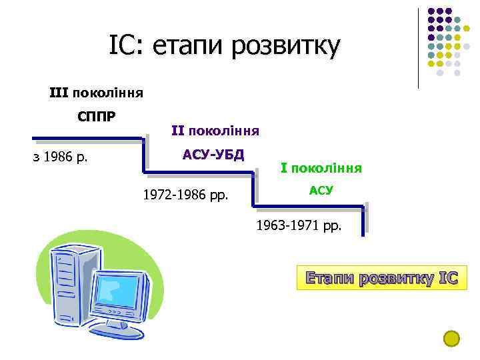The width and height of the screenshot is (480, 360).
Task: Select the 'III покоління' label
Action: point(96,92)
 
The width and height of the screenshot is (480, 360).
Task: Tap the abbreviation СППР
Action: point(96,117)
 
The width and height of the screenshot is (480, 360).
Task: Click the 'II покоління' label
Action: point(215,129)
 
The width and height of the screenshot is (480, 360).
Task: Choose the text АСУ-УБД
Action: point(214,155)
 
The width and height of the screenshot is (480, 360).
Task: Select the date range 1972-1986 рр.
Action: point(185,196)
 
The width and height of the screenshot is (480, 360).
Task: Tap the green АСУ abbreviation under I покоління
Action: point(321,191)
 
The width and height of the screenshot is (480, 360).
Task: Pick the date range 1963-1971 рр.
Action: point(299,226)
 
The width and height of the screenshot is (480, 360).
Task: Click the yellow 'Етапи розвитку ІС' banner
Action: point(382,278)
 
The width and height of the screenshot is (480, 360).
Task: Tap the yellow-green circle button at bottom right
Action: point(451,339)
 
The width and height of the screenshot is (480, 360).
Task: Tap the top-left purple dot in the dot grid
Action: point(431,11)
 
